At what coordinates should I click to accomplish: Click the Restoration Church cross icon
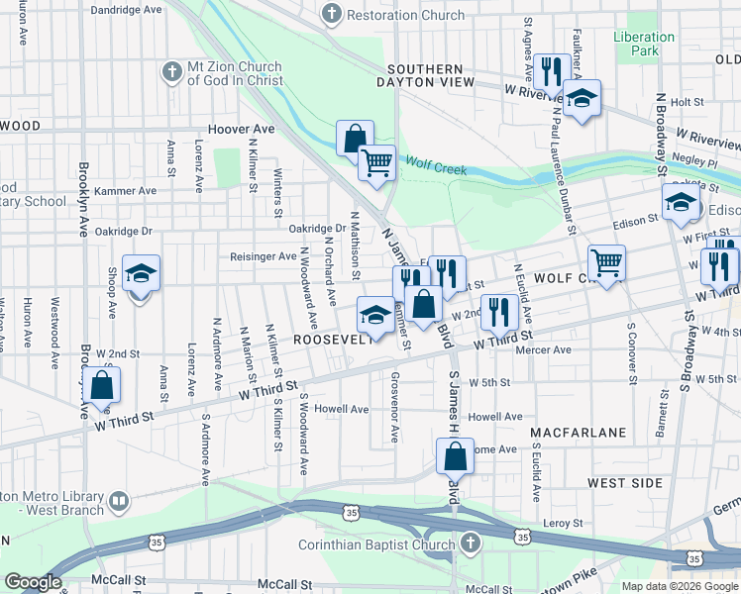click(332, 15)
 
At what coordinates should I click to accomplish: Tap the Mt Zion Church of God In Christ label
click(235, 74)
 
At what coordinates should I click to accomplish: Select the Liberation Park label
click(644, 44)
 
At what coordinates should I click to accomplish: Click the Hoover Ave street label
click(241, 130)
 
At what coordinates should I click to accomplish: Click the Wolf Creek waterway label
click(436, 169)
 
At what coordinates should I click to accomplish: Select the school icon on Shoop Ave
click(141, 272)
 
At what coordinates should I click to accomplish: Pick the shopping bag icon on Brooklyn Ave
click(102, 385)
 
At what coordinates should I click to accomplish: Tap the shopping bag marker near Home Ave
click(455, 456)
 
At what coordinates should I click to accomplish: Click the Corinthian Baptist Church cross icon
click(470, 544)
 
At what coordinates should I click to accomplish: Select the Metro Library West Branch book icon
click(119, 502)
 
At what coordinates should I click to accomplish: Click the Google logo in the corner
click(33, 582)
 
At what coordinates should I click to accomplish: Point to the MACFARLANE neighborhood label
click(578, 434)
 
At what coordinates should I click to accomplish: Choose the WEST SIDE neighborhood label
click(624, 482)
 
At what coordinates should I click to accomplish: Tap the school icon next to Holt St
click(582, 98)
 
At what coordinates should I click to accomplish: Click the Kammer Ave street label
click(127, 190)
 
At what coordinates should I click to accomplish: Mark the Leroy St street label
click(563, 522)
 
